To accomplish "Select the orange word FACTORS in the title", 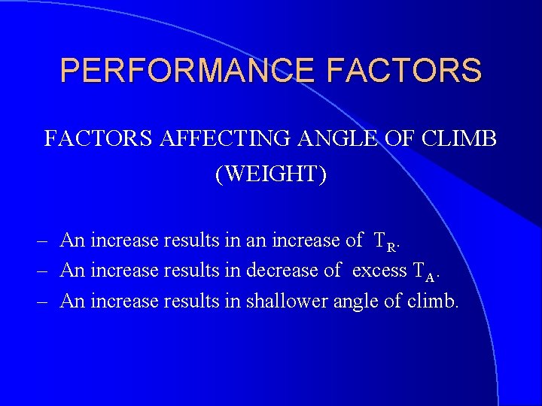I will pyautogui.click(x=404, y=71).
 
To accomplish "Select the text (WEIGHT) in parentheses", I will pyautogui.click(x=271, y=174).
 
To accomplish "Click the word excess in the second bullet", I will pyautogui.click(x=379, y=271).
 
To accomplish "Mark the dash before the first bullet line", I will pyautogui.click(x=43, y=241).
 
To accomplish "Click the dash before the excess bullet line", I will pyautogui.click(x=43, y=271).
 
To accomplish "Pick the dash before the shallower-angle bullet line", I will pyautogui.click(x=43, y=301).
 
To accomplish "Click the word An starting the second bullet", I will pyautogui.click(x=72, y=271).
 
